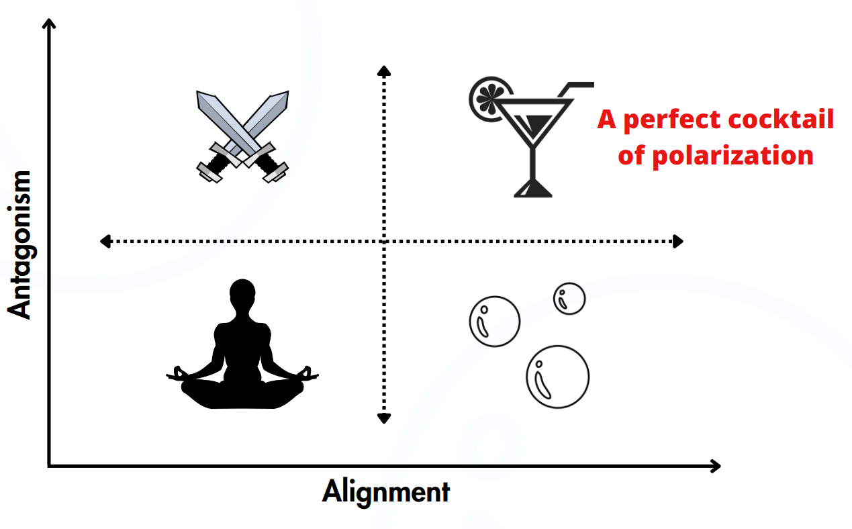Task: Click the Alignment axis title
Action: point(386,492)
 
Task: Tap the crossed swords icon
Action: point(242,137)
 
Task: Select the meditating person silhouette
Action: point(242,344)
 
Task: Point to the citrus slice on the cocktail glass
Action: point(491,99)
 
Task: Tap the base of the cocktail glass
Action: point(533,189)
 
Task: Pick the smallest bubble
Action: point(569,299)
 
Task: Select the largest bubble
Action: point(558,377)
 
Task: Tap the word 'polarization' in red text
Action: point(733,156)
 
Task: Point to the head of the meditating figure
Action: point(242,293)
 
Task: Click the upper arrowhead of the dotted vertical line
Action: point(384,70)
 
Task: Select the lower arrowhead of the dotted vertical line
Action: point(384,418)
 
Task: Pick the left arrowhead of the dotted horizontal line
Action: point(105,242)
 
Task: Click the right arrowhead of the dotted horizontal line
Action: point(678,242)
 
